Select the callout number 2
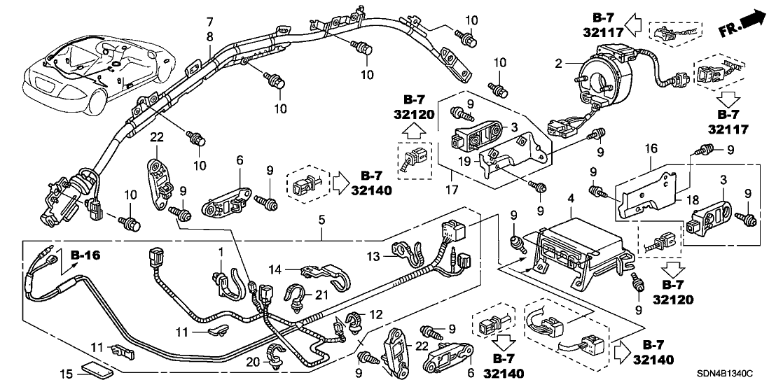point(558,64)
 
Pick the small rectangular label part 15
point(89,368)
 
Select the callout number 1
point(221,251)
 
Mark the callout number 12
point(377,315)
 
